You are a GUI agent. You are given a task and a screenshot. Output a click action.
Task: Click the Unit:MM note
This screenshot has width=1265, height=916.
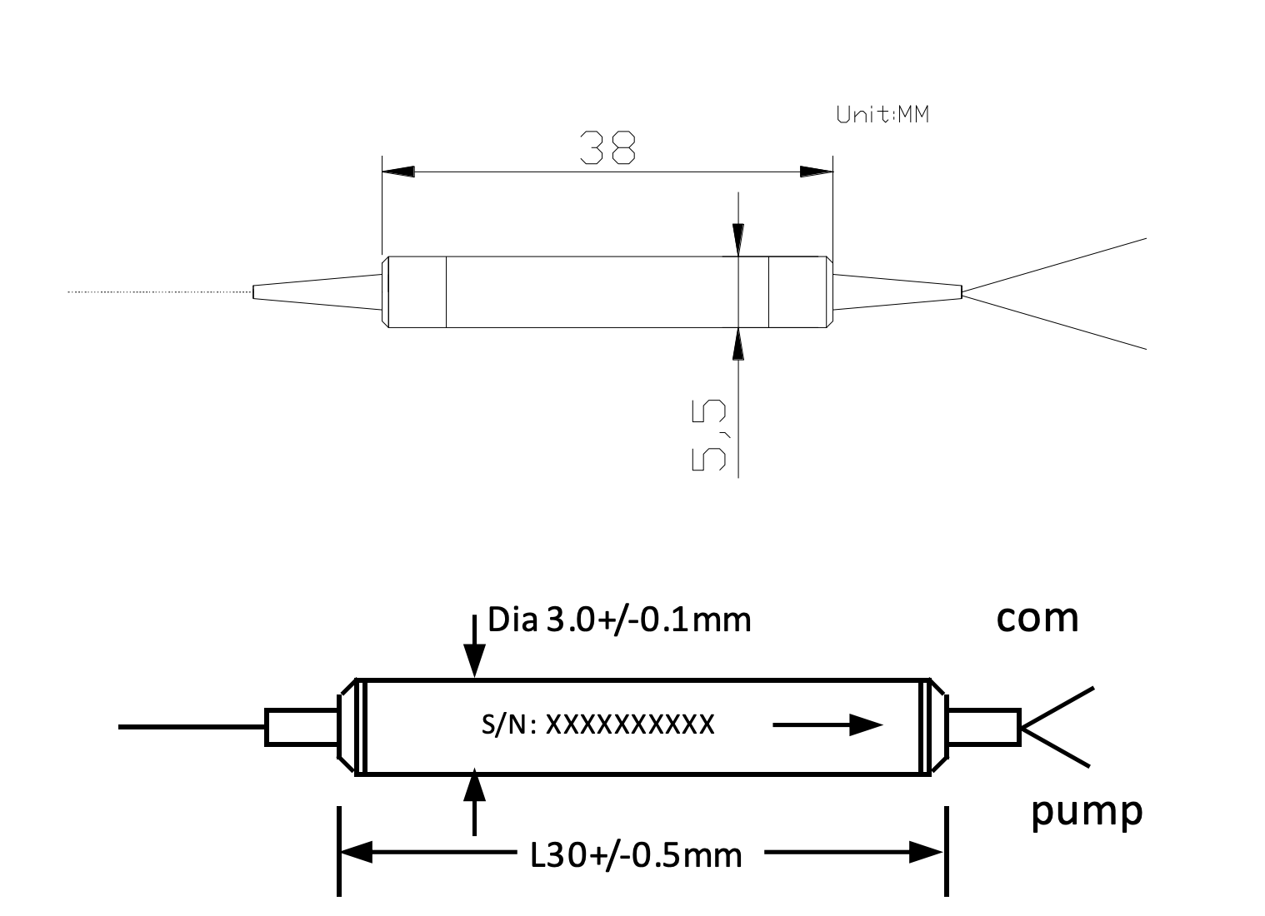point(882,115)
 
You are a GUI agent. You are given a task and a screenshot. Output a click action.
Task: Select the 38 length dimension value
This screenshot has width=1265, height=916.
point(607,148)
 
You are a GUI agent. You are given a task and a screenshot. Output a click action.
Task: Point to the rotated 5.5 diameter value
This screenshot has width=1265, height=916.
point(709,436)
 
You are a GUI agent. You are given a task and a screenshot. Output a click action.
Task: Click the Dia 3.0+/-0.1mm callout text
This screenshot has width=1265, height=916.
point(619,620)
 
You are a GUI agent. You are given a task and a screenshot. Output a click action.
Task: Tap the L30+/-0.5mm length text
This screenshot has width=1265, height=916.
point(636,854)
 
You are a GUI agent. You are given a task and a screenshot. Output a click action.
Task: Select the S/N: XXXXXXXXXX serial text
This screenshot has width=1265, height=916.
point(597,724)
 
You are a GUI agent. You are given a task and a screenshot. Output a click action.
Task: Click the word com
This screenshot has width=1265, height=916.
point(1037,618)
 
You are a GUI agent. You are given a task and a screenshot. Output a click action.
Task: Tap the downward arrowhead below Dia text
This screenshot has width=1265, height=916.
point(474,663)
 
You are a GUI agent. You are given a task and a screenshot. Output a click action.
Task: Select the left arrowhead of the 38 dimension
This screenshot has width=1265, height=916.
point(397,172)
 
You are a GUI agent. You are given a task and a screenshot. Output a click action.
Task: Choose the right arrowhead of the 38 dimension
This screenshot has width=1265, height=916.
point(817,172)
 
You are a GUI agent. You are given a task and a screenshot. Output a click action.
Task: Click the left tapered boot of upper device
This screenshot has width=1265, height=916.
point(317,291)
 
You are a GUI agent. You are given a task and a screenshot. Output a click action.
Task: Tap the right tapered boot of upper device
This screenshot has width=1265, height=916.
point(897,291)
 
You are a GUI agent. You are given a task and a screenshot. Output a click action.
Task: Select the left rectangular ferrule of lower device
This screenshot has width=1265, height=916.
point(301,727)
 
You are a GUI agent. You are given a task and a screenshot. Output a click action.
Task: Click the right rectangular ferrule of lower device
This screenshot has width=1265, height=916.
point(984,727)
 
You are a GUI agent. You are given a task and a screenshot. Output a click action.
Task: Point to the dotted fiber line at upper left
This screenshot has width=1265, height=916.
point(158,292)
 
